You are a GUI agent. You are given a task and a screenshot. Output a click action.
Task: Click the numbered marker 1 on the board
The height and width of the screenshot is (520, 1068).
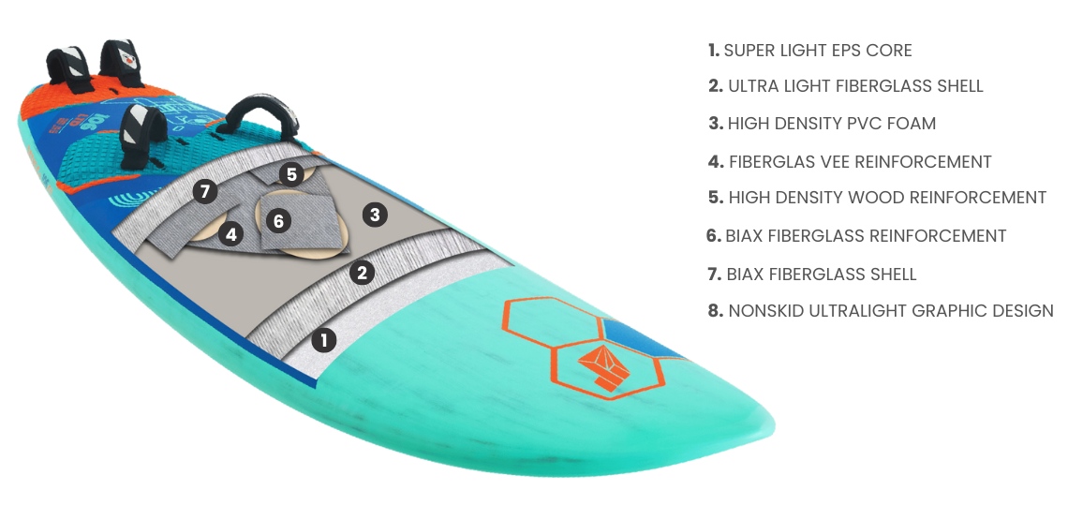[x=323, y=340]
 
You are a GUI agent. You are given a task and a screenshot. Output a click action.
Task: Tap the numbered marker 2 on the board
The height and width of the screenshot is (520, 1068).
[x=362, y=273]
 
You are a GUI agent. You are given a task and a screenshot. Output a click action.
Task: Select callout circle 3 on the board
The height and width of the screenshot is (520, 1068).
[x=375, y=215]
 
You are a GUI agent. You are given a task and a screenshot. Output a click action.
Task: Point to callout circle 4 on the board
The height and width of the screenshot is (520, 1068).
[x=231, y=234]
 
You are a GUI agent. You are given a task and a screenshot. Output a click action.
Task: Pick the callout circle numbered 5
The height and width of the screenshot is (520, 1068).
[x=292, y=173]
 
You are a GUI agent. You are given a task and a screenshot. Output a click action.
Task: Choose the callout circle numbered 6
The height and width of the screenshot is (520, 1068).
[x=278, y=221]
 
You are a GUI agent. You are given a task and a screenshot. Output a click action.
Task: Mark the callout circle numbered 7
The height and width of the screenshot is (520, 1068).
[x=206, y=191]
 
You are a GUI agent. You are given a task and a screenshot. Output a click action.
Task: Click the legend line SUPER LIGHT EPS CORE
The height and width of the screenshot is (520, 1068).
[x=809, y=51]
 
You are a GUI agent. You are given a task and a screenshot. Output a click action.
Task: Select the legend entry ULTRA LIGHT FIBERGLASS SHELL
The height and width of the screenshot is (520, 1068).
[x=845, y=86]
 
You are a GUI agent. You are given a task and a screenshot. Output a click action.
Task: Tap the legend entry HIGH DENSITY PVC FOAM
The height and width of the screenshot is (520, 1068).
[x=822, y=124]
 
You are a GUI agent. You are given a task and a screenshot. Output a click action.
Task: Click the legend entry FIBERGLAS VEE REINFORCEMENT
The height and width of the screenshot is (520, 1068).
[x=849, y=162]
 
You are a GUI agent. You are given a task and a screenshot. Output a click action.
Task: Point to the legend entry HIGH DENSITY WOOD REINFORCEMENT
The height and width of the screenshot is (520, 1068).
[x=877, y=198]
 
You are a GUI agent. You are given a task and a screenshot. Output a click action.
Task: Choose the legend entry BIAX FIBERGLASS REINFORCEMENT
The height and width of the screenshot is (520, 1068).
[x=856, y=236]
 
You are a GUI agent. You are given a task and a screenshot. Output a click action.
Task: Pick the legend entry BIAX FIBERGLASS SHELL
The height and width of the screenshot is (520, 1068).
[x=811, y=275]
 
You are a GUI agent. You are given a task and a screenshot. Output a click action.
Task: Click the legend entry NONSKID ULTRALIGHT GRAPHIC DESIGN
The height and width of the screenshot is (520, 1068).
[x=881, y=311]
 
